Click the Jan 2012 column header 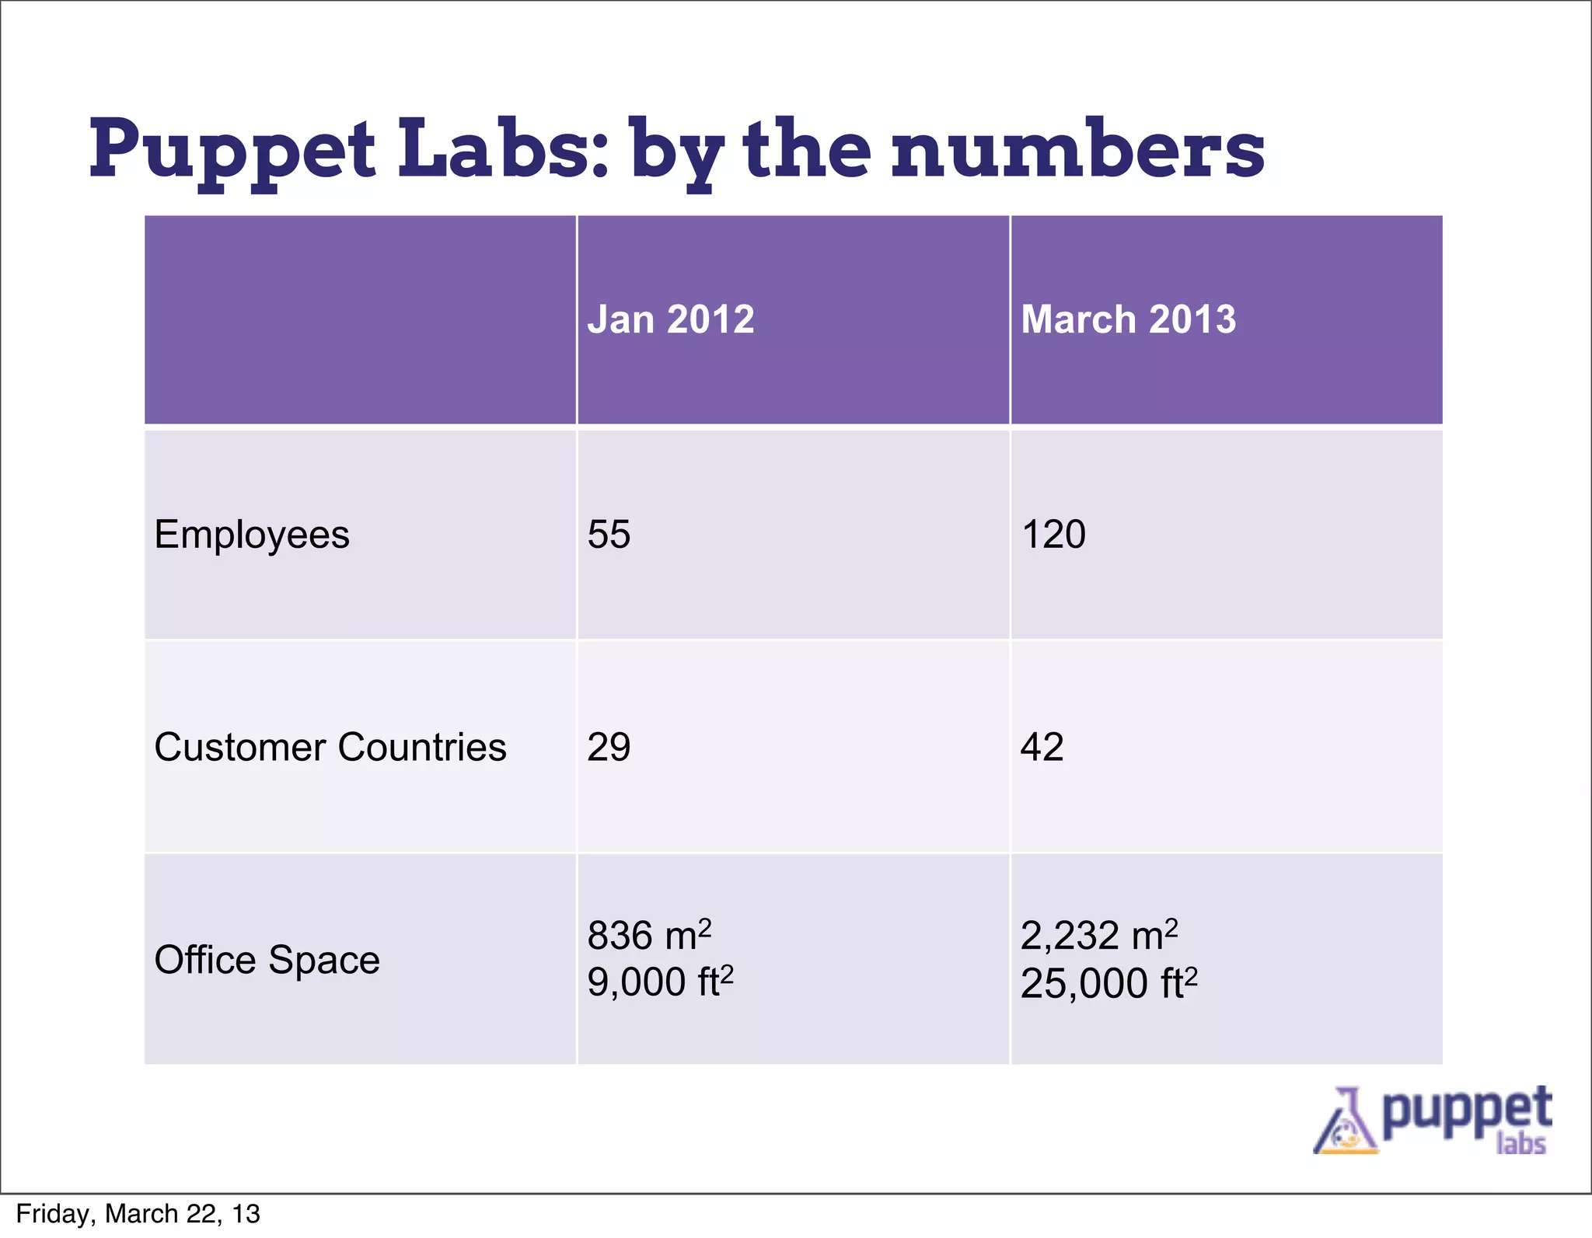671,319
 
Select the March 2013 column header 1128,319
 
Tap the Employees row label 252,535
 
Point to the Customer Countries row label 330,747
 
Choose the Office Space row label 267,959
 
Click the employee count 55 609,535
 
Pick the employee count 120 1053,535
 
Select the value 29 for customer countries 609,747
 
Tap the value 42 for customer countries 1042,747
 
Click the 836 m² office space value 649,935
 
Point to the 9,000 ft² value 660,982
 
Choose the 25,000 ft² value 1108,983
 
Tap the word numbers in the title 1077,149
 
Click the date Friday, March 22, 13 138,1214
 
